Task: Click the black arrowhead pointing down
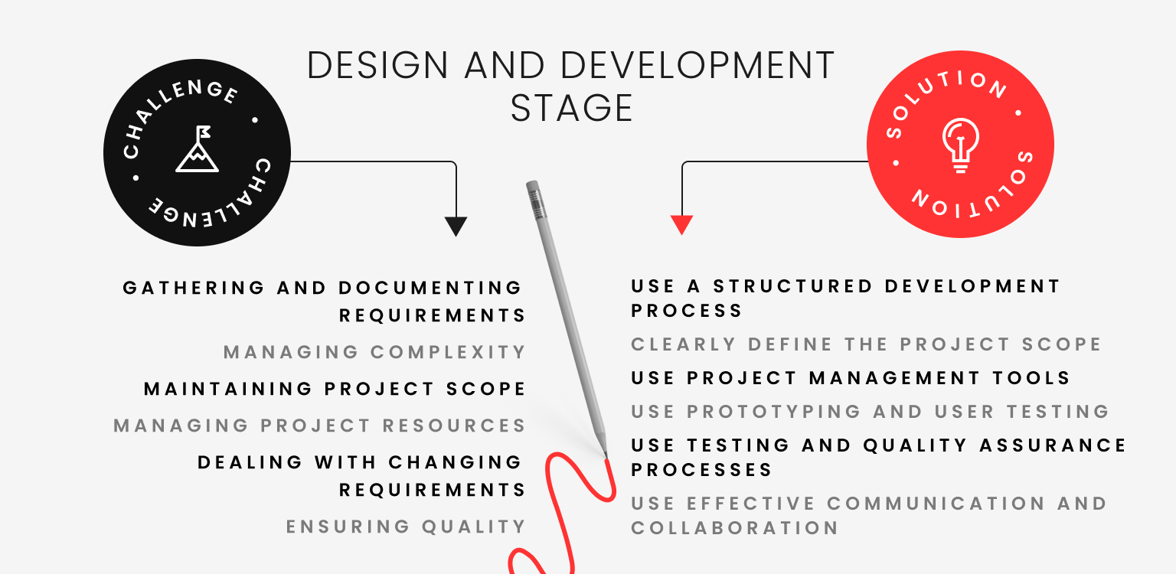pyautogui.click(x=456, y=226)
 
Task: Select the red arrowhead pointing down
pyautogui.click(x=681, y=225)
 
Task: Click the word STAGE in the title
pyautogui.click(x=571, y=108)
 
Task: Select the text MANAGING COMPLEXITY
pyautogui.click(x=374, y=352)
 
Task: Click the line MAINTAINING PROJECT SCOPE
pyautogui.click(x=335, y=389)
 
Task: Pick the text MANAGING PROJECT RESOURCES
pyautogui.click(x=319, y=426)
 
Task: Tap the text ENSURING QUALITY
pyautogui.click(x=406, y=527)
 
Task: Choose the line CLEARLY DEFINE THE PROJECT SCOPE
pyautogui.click(x=865, y=344)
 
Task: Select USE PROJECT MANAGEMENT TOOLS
pyautogui.click(x=850, y=378)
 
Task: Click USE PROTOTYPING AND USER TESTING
pyautogui.click(x=870, y=412)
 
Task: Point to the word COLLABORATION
pyautogui.click(x=734, y=528)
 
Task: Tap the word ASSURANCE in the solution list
pyautogui.click(x=1049, y=445)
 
